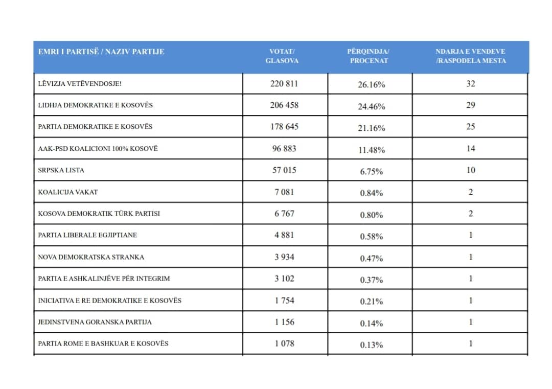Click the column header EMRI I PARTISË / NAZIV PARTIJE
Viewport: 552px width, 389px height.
pos(101,52)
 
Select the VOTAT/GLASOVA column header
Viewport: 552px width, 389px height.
pos(282,56)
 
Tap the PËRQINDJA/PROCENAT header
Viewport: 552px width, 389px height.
pos(369,56)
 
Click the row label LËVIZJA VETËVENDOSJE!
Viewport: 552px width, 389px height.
pos(80,83)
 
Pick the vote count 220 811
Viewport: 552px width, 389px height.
pos(284,83)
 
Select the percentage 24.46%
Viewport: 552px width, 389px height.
pos(372,106)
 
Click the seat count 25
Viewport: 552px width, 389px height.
pos(471,126)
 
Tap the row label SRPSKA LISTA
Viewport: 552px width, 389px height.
pos(61,170)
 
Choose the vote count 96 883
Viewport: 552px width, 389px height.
pos(284,149)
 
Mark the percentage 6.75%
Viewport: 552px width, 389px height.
pos(372,171)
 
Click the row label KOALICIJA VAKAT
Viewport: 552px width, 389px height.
pos(68,192)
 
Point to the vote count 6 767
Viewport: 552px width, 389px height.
pos(284,213)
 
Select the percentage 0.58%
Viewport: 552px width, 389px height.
pos(372,236)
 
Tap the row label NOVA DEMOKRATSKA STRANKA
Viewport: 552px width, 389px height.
pos(91,257)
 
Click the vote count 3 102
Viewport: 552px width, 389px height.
pos(284,279)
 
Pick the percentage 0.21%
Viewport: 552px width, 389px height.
pos(372,302)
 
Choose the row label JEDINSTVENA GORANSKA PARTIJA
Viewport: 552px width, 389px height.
pos(95,322)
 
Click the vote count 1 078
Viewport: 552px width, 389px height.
pos(284,343)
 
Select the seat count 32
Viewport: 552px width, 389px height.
pos(471,83)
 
